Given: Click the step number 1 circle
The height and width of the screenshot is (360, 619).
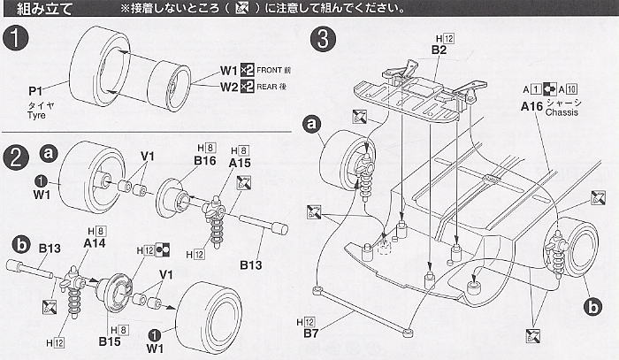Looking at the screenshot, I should [x=15, y=39].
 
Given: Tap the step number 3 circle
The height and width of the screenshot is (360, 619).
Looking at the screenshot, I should [x=325, y=39].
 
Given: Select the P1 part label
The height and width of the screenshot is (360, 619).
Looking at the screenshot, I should [x=36, y=91].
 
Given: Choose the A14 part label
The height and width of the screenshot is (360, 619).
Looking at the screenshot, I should [x=95, y=242].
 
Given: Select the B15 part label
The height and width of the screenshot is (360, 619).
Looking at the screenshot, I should [x=109, y=341].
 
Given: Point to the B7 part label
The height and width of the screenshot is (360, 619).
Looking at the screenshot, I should [x=306, y=334].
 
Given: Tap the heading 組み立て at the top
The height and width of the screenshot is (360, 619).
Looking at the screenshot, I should [x=43, y=10].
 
